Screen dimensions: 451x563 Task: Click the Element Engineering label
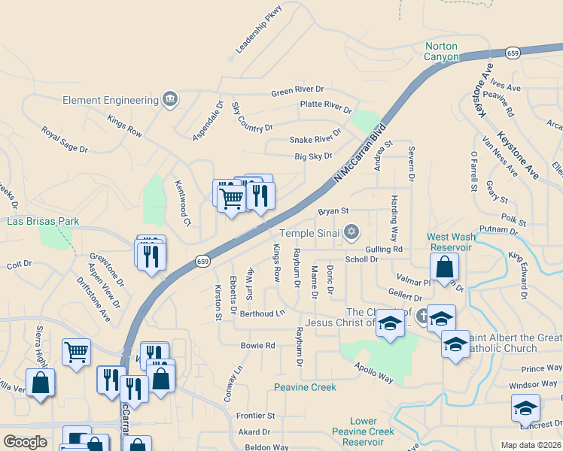pyautogui.click(x=110, y=100)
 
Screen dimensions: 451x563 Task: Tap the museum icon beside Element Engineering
pyautogui.click(x=170, y=99)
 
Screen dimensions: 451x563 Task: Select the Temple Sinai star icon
pyautogui.click(x=350, y=232)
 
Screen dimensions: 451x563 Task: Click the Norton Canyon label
pyautogui.click(x=441, y=51)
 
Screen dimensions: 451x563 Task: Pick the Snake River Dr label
pyautogui.click(x=315, y=139)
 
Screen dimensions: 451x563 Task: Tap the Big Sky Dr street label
pyautogui.click(x=313, y=156)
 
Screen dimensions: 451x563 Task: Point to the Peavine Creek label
pyautogui.click(x=305, y=387)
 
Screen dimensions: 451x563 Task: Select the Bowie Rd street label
pyautogui.click(x=258, y=346)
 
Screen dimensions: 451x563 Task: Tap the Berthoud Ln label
pyautogui.click(x=264, y=312)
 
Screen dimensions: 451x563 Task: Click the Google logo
pyautogui.click(x=26, y=442)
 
